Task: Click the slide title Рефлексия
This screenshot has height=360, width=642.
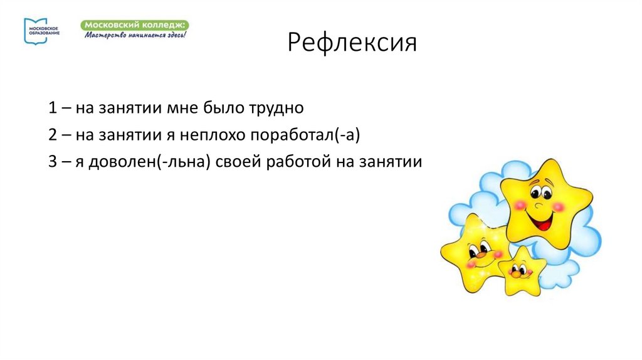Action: coord(352,45)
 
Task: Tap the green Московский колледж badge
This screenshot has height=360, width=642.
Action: coord(135,24)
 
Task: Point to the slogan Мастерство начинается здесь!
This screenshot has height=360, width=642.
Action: coord(135,34)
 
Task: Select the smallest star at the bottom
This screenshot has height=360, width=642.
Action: coord(520,270)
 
